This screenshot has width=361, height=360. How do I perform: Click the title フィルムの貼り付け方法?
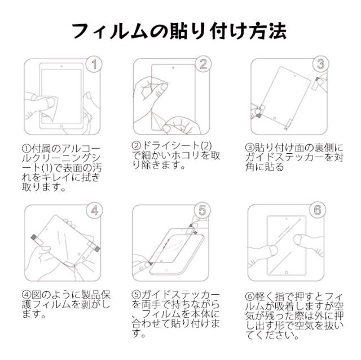pos(179,31)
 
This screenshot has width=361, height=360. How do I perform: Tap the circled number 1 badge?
pos(94,64)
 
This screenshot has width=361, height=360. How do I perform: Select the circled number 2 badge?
pos(203,64)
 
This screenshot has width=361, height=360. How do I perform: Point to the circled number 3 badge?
pos(321,64)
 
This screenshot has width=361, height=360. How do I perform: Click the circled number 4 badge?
pos(95,210)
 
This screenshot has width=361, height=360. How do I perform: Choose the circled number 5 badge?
pos(202,210)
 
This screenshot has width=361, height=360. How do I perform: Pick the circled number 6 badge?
pos(318,210)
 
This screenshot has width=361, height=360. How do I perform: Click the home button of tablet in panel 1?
pos(61,126)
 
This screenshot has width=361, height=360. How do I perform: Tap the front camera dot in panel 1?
pos(61,66)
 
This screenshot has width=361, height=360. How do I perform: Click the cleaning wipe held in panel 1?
pos(50,108)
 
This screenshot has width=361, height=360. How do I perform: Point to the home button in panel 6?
pos(286,273)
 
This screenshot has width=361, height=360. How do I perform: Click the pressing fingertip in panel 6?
pos(299,240)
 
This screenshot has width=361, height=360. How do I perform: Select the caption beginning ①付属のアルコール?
pos(61,168)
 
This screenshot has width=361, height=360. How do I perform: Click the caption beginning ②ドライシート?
pos(176,155)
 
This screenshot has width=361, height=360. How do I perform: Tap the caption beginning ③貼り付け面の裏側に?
pos(294,158)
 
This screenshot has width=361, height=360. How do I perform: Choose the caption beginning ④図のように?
pos(67,304)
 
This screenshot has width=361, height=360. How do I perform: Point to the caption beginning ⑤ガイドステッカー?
pos(175,314)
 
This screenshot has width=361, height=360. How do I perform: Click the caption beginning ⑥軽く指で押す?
pos(294,316)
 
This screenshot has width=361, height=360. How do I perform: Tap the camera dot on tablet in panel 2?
pos(173,68)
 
